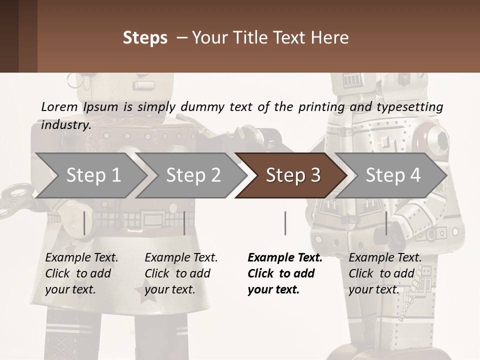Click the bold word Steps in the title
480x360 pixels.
(x=145, y=37)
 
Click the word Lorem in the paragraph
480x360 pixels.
(x=59, y=106)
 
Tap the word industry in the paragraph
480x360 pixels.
(x=65, y=124)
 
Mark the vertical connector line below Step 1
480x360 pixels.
(x=84, y=223)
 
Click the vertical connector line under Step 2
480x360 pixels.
(x=184, y=223)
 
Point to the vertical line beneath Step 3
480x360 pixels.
(x=285, y=223)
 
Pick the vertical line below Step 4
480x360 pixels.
(x=386, y=223)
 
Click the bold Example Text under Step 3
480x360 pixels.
(x=285, y=258)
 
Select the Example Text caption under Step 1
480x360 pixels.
(x=81, y=258)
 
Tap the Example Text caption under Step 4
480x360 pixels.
(x=385, y=258)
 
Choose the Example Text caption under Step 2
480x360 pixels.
(x=181, y=258)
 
